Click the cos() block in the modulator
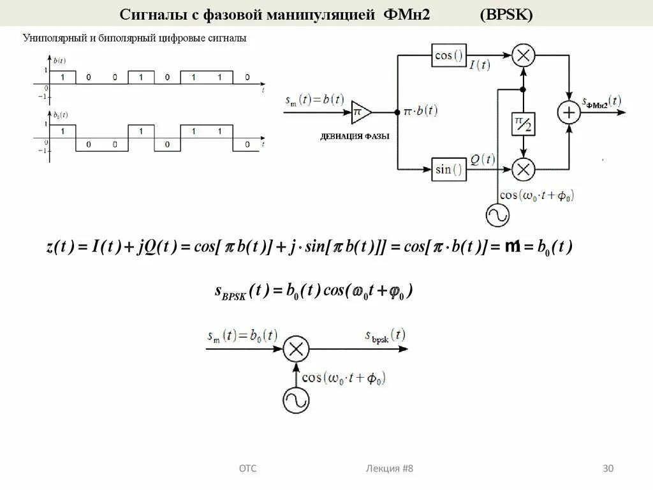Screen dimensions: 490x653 449,56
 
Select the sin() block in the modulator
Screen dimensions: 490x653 449,169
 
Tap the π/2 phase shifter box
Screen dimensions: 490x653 523,124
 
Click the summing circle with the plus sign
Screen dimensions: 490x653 568,113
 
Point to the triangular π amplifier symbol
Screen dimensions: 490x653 360,112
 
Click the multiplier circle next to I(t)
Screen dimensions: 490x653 523,56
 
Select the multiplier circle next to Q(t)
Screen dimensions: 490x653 523,169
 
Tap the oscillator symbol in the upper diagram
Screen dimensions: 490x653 497,214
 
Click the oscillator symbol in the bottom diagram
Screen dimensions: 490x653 296,400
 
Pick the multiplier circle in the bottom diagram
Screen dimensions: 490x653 296,349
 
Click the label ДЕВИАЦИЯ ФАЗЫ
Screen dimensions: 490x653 355,136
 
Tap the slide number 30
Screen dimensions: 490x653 608,469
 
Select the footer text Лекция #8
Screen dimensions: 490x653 390,469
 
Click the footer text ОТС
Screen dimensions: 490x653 247,469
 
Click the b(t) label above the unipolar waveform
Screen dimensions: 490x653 61,61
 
